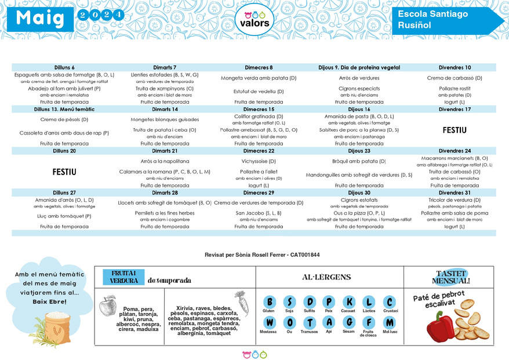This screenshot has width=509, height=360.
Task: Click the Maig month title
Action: tap(40, 18)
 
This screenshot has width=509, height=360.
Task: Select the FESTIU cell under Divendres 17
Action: tap(455, 130)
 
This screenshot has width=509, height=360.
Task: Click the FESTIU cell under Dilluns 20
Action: tap(64, 172)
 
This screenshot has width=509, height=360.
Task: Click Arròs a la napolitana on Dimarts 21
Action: tap(165, 161)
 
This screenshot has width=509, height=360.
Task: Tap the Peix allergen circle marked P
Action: tap(329, 302)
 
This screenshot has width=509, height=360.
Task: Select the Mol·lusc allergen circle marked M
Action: tap(390, 323)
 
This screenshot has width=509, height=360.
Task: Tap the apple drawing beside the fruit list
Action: tap(107, 306)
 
